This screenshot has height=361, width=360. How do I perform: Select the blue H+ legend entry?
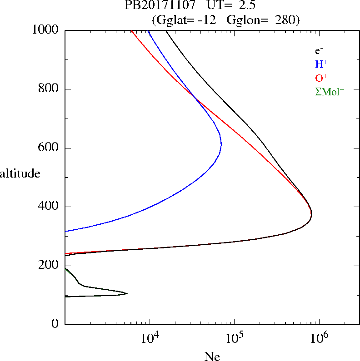[321, 64]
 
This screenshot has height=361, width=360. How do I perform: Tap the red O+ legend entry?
[321, 78]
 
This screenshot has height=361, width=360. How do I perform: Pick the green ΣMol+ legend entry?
[329, 92]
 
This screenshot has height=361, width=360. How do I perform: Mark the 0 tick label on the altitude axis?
[55, 324]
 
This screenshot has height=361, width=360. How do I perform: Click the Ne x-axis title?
[212, 356]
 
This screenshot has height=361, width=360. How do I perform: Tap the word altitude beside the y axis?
[20, 173]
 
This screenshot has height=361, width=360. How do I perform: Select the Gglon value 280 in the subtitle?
[286, 20]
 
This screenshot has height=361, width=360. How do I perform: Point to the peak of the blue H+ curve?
[221, 144]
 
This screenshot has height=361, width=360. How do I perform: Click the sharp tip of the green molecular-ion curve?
[127, 294]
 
